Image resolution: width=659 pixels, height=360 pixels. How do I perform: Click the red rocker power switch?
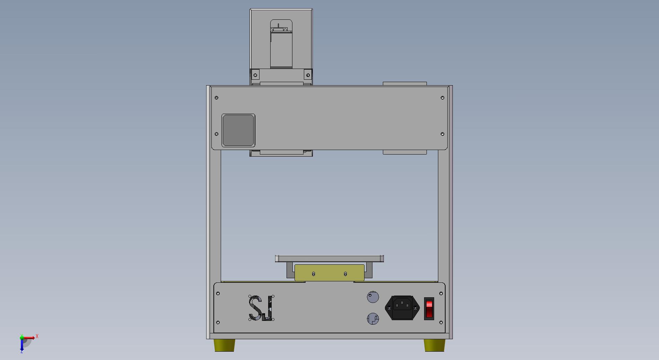(x=429, y=309)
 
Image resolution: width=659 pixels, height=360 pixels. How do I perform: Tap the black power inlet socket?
(x=402, y=307)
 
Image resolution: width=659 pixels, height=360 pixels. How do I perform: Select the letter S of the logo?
(x=256, y=308)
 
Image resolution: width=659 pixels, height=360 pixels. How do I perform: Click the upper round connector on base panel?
(x=373, y=297)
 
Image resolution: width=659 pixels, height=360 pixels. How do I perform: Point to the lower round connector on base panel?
(x=373, y=319)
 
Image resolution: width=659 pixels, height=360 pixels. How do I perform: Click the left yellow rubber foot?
(x=225, y=345)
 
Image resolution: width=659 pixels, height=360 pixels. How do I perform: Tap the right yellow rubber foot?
(x=434, y=345)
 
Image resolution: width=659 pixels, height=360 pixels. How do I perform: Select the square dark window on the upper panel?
(x=238, y=130)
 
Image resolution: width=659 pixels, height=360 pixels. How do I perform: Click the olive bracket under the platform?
(x=329, y=273)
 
